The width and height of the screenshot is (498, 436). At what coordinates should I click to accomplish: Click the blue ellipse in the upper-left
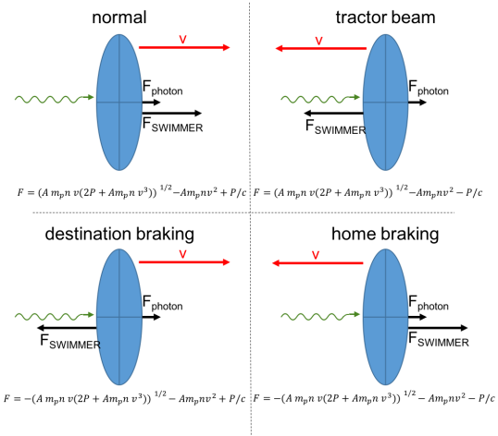point(118,102)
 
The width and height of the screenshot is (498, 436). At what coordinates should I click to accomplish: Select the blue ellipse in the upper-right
point(385,102)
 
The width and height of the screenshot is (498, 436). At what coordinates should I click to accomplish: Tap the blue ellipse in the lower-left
point(118,317)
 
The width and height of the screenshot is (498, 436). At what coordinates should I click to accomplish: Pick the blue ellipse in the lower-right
point(385,317)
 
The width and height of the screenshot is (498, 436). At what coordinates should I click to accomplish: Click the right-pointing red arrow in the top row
point(183,47)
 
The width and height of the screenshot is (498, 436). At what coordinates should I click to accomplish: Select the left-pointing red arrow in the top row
point(321,48)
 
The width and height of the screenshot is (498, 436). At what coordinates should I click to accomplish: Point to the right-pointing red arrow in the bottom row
point(183,262)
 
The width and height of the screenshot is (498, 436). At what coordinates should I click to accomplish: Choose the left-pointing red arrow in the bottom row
point(317,263)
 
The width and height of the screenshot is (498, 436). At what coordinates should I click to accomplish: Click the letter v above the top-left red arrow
point(182,39)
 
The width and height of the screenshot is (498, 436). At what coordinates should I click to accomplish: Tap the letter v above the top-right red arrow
point(318,41)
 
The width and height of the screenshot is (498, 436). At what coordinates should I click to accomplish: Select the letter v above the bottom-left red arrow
point(182,254)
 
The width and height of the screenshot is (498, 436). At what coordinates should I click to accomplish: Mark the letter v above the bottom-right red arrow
point(315,255)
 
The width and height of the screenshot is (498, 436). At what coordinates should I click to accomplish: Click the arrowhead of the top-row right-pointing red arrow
point(227,47)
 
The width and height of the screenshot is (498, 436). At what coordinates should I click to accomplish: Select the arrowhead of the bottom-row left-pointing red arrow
point(276,263)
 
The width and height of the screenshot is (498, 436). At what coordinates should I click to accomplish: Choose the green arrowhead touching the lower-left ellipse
point(91,314)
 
